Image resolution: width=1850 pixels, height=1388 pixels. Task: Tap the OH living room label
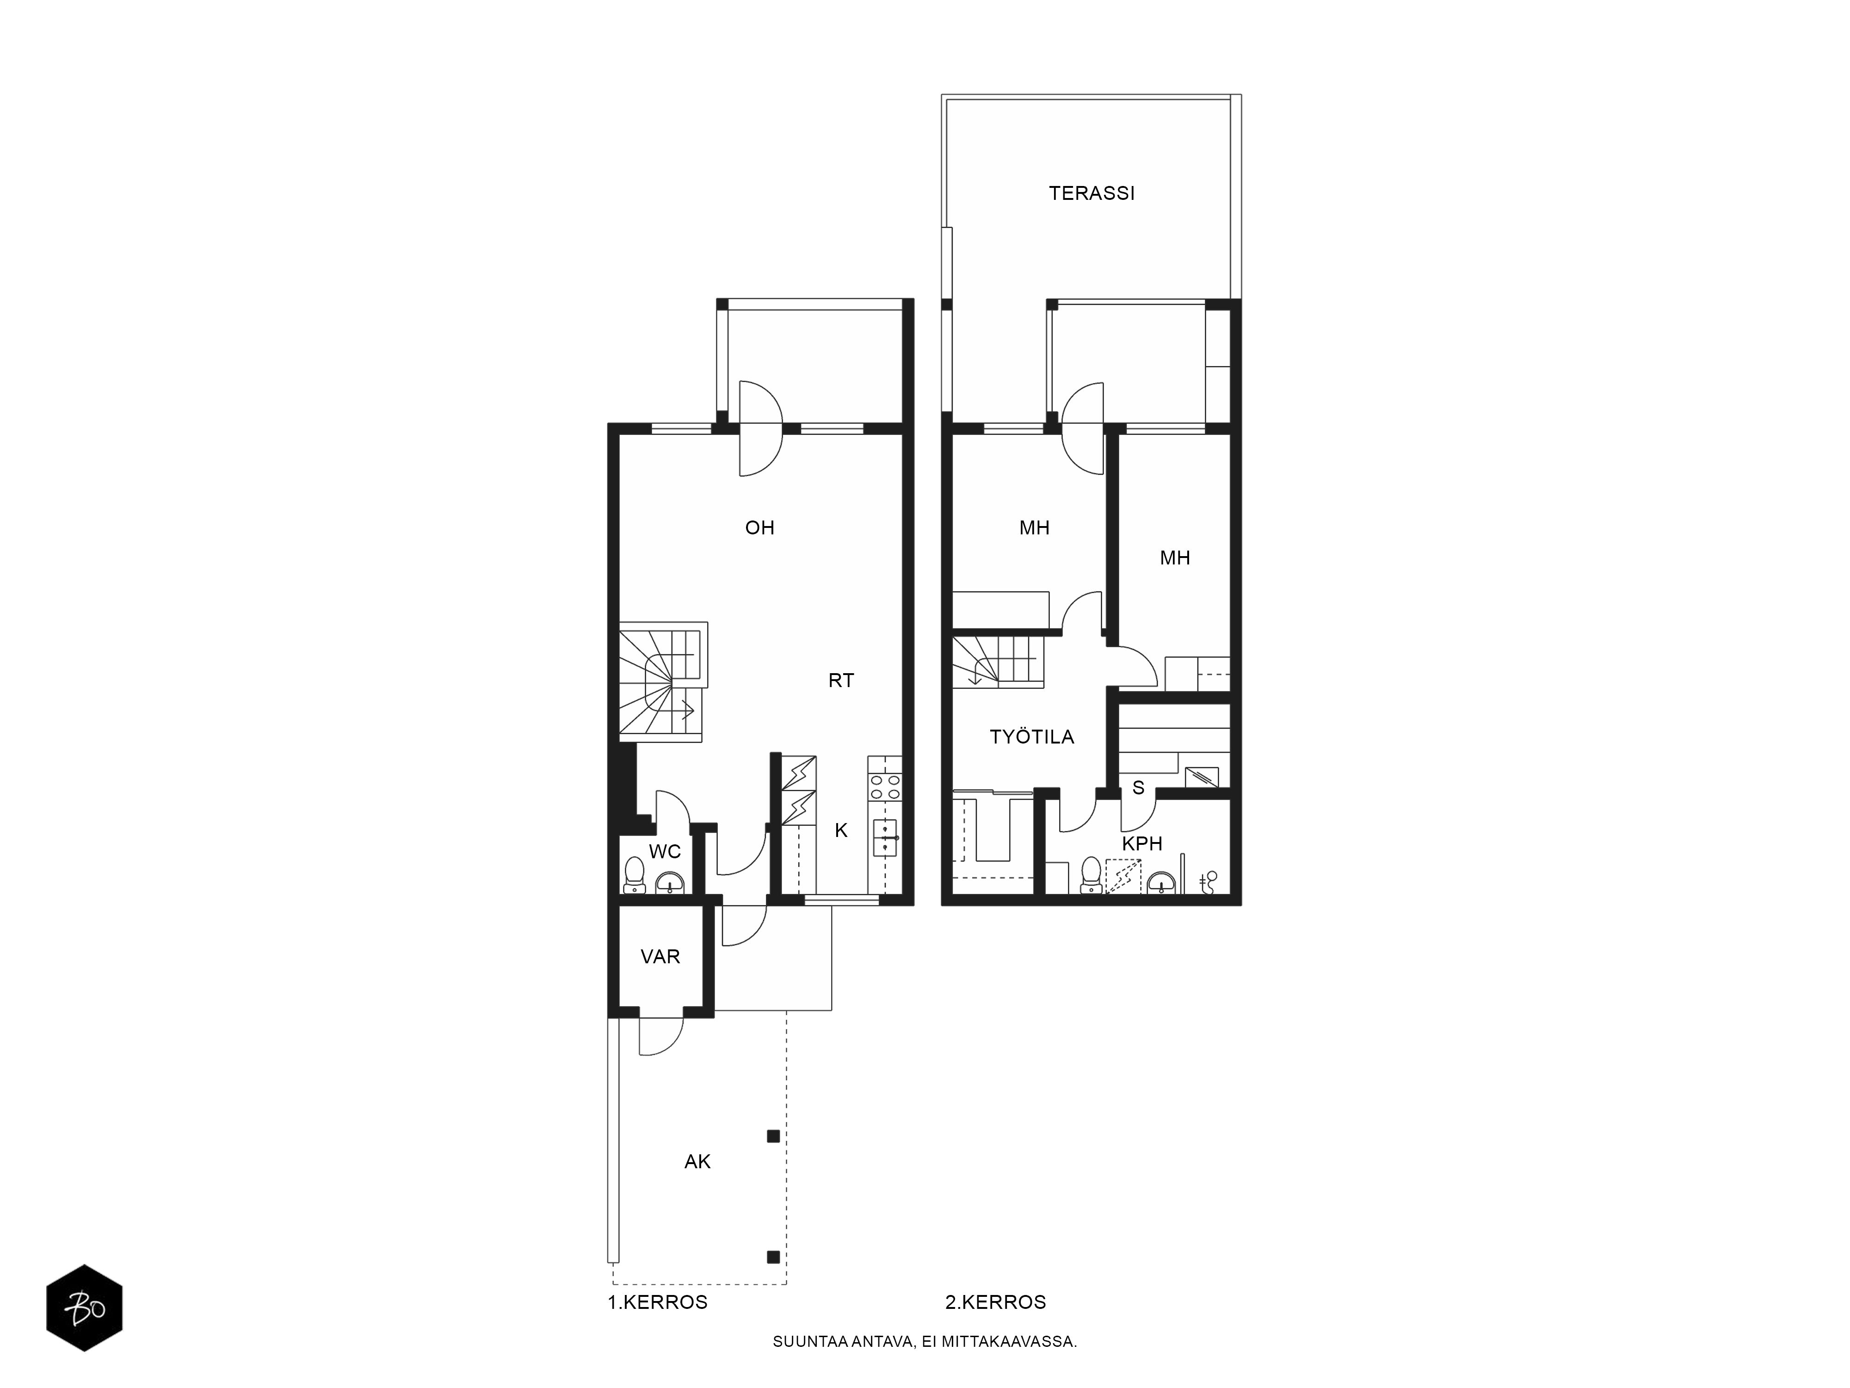[759, 528]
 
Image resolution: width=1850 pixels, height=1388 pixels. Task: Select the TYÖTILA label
[1031, 737]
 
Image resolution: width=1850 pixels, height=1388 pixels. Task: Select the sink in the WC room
[669, 883]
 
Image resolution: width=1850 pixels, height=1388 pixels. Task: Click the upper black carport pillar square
[774, 1136]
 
